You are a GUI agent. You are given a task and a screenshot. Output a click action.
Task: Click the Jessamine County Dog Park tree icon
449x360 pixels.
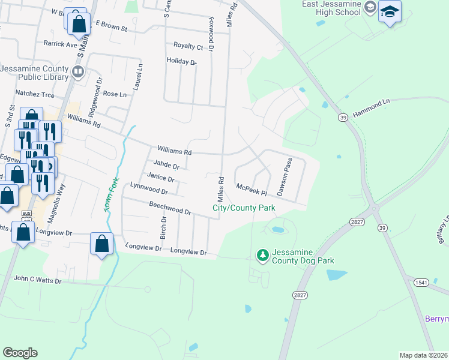click(x=262, y=255)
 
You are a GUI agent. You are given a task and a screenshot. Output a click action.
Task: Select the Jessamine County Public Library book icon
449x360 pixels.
click(x=77, y=73)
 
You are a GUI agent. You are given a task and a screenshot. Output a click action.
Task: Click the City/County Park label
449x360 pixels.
click(x=244, y=208)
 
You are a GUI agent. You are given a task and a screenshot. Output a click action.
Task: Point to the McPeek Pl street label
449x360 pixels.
click(x=250, y=188)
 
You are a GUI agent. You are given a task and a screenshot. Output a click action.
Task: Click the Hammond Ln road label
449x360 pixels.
click(x=371, y=108)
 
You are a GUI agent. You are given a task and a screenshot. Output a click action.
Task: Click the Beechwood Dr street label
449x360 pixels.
click(x=170, y=208)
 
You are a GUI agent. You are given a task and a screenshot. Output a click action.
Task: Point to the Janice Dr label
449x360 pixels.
click(x=161, y=178)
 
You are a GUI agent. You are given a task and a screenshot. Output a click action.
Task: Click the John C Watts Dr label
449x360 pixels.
click(x=37, y=280)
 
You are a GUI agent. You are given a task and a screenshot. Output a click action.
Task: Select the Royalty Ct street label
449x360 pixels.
click(x=188, y=46)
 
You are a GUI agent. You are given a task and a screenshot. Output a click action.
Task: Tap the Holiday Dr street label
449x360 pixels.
click(x=181, y=61)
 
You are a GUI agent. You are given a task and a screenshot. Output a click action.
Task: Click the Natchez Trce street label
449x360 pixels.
click(x=35, y=94)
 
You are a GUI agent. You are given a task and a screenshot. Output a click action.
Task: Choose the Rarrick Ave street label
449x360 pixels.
click(x=61, y=44)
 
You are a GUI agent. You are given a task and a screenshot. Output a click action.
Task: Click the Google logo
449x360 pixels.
click(x=20, y=353)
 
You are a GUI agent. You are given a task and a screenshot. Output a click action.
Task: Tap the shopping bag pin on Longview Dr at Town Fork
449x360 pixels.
click(x=101, y=244)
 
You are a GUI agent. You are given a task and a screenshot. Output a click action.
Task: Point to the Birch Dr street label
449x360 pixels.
click(x=163, y=226)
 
